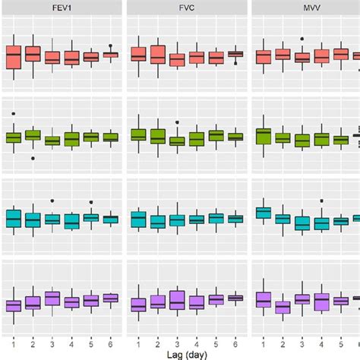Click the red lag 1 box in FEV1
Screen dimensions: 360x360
pos(13,57)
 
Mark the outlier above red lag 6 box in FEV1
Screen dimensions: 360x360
pos(111,46)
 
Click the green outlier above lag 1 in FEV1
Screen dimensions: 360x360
pos(13,114)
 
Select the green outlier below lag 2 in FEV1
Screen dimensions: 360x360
pos(33,158)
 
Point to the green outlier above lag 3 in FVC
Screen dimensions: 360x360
pos(177,122)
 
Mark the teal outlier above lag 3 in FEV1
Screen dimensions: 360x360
pos(52,201)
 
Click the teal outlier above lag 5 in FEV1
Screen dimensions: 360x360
pos(91,202)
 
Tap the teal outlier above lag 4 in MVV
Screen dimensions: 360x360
pos(321,201)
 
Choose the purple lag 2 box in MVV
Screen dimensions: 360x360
pos(282,307)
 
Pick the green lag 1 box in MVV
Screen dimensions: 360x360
pos(263,136)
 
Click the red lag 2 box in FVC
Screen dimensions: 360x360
pos(157,55)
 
